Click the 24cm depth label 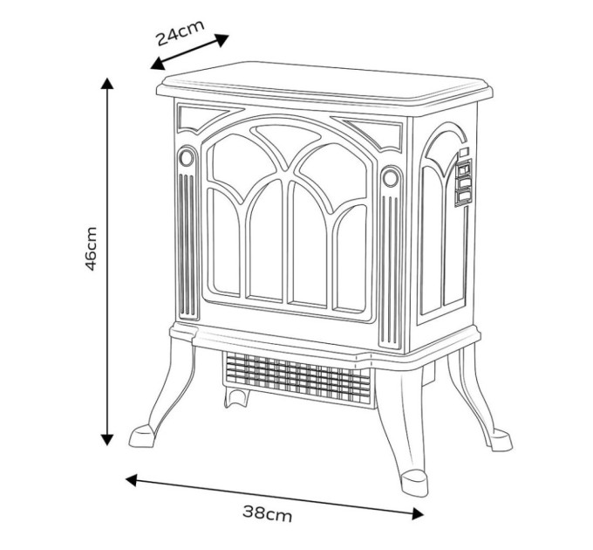(x=180, y=32)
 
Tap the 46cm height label (x=91, y=249)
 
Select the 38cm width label (x=268, y=513)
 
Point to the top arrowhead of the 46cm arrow (x=107, y=83)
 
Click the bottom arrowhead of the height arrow (x=107, y=440)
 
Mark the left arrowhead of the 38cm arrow (x=131, y=480)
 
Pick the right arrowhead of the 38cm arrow (x=418, y=513)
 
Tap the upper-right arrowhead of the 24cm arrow (x=222, y=39)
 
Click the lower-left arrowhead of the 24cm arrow (x=157, y=65)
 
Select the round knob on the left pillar (x=186, y=157)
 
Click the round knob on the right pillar (x=391, y=177)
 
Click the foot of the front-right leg (x=414, y=483)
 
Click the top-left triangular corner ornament (x=206, y=118)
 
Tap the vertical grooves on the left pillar (x=187, y=244)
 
